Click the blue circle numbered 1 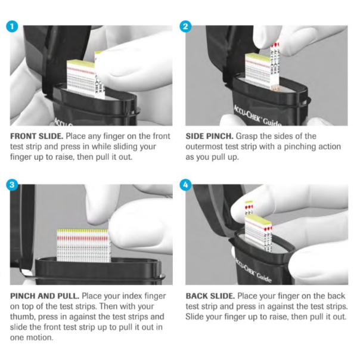point(12,26)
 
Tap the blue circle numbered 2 point(185,26)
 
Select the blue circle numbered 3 point(12,185)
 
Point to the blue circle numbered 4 point(185,185)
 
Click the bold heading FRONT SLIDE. point(37,136)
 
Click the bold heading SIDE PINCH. point(209,136)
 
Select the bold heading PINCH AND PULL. point(45,296)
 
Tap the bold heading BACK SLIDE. point(210,296)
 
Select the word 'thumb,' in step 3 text point(23,317)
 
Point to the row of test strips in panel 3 point(83,245)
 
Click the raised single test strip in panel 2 point(275,67)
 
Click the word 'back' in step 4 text point(336,296)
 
